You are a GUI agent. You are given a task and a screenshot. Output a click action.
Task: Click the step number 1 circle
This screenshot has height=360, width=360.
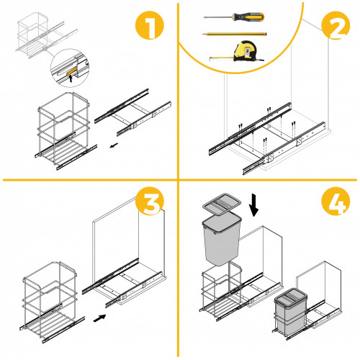pos(149,25)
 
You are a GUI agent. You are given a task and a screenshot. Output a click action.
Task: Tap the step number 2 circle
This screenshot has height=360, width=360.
pos(336,25)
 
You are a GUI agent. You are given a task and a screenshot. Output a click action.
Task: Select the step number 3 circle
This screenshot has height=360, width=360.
pos(150,201)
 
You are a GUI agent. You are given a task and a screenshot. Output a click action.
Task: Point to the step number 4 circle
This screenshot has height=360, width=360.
pos(336,201)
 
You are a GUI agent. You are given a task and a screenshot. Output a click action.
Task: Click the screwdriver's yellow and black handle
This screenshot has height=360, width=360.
pos(248,17)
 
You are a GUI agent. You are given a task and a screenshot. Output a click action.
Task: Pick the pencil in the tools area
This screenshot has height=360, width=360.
pos(235,34)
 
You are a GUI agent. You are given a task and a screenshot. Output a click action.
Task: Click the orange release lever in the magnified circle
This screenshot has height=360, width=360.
pos(71,71)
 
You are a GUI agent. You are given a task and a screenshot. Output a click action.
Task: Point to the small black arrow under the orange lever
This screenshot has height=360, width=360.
pos(71,78)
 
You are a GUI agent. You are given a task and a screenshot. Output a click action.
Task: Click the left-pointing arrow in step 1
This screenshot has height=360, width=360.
pos(114,145)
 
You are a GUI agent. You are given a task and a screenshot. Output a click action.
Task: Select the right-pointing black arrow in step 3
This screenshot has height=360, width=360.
pos(99,318)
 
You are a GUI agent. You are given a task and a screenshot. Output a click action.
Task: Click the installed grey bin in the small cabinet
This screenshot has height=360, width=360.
pos(291,311)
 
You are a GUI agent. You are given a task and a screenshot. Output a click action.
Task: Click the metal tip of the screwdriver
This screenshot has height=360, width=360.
pos(218,17)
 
